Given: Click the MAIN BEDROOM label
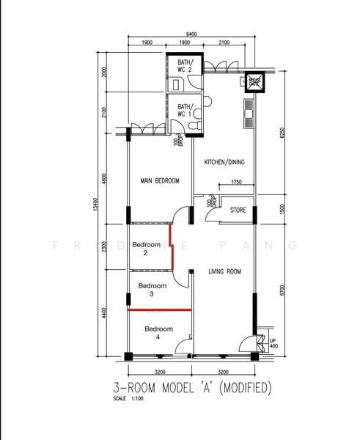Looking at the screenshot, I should pos(159,180).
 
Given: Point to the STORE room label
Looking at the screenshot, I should pos(238,210).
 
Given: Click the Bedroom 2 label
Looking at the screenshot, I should pos(145,249).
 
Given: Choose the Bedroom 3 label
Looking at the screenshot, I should pos(152,290).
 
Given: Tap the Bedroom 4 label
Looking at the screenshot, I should pos(158,333).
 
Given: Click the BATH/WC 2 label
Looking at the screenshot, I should pos(185,67).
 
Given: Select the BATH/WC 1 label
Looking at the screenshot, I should pos(184,110).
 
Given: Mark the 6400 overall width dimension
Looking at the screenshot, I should pos(191,34).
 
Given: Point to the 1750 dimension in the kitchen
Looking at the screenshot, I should pos(236,182).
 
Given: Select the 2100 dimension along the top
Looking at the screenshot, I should pos(224,43).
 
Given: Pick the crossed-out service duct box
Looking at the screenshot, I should pos(254,81).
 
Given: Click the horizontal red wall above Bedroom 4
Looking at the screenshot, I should pos(159,310).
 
